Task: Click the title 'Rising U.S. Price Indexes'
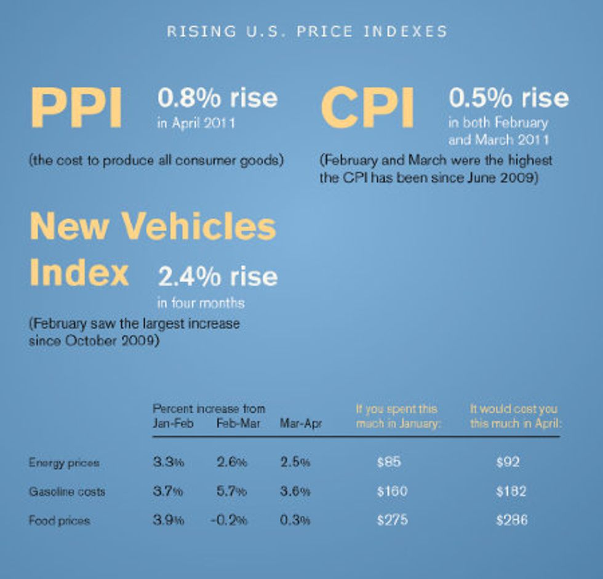click(x=307, y=31)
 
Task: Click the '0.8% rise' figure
click(x=217, y=98)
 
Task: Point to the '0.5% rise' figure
click(x=508, y=98)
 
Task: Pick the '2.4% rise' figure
click(x=218, y=277)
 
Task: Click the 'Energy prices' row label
click(x=63, y=463)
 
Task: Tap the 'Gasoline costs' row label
click(x=66, y=492)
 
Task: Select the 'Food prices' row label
click(x=59, y=521)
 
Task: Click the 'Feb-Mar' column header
click(x=238, y=424)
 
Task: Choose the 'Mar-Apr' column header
click(x=300, y=424)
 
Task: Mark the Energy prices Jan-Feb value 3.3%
click(x=168, y=463)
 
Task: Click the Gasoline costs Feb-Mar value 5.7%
click(x=231, y=492)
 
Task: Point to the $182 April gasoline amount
click(x=511, y=492)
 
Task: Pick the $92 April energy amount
click(x=508, y=463)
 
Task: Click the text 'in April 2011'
click(x=196, y=123)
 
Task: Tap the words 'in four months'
click(x=201, y=303)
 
